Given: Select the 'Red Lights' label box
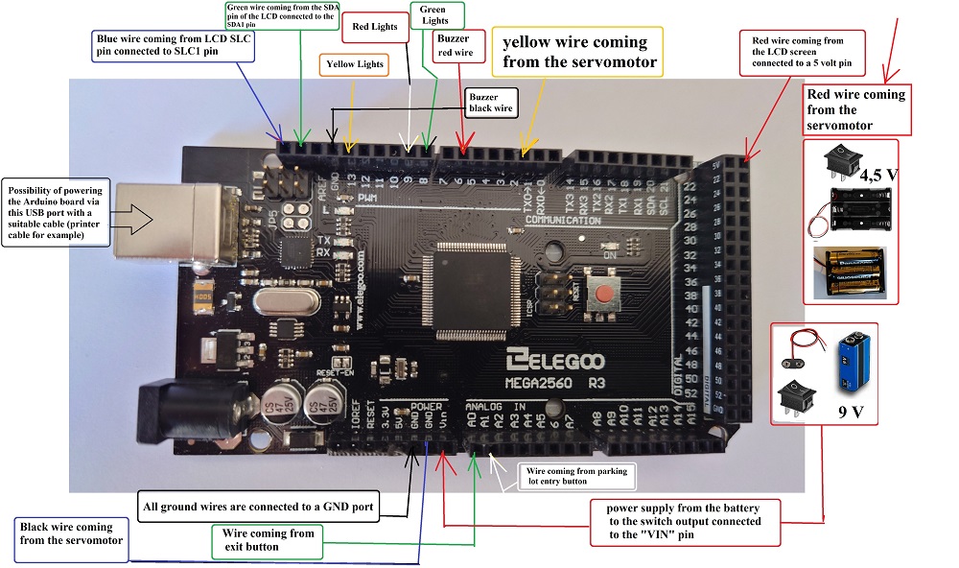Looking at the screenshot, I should [x=375, y=27].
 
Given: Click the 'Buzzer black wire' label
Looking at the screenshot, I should [x=492, y=103].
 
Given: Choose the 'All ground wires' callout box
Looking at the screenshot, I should [x=259, y=506].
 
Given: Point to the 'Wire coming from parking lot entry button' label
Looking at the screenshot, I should [x=577, y=476].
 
